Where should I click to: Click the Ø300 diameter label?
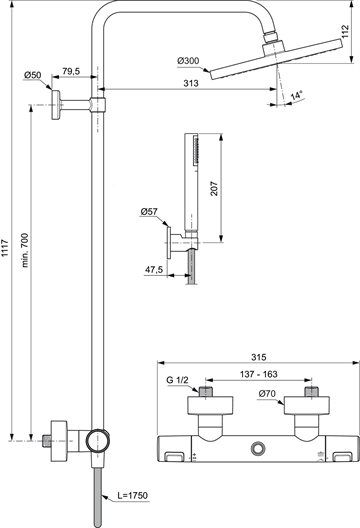point(188,61)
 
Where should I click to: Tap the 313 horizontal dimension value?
point(191,83)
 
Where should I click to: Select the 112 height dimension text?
point(346,31)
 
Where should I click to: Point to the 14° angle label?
point(297,95)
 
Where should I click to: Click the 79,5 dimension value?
point(71,71)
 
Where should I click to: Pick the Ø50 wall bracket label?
point(33,75)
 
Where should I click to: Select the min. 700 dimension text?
point(25,250)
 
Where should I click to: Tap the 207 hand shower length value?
point(214,189)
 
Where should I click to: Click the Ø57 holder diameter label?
point(149,212)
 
